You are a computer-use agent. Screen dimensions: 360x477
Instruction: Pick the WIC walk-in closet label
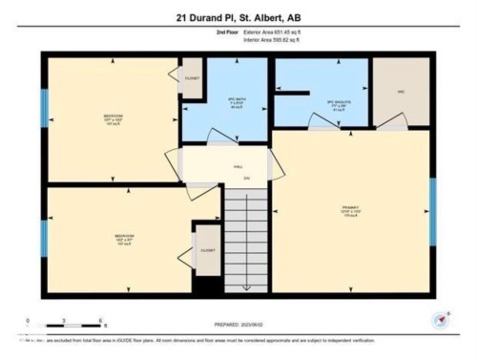click(x=401, y=93)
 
